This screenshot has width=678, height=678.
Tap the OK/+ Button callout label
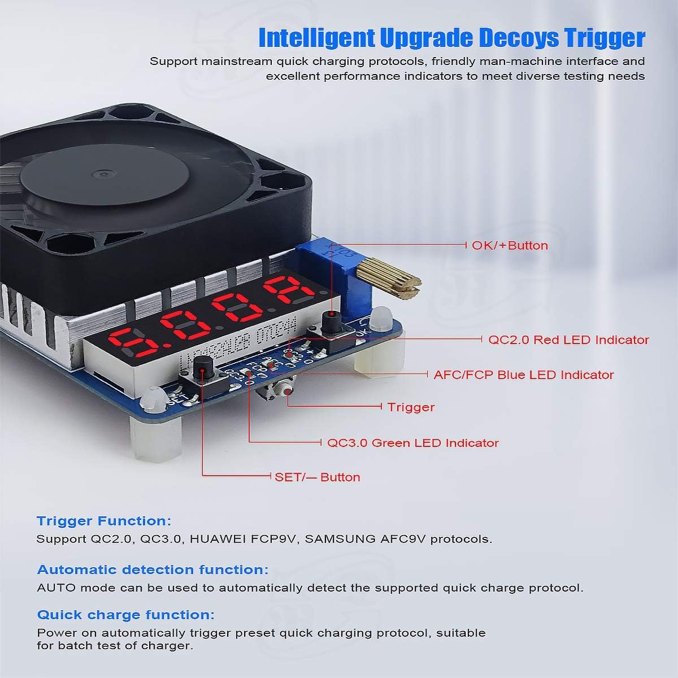click(510, 245)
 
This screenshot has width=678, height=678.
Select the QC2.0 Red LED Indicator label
click(568, 340)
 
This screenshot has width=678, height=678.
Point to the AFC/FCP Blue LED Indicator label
click(524, 375)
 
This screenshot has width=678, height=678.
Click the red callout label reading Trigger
click(411, 407)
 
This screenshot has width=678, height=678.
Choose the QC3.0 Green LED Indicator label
click(413, 442)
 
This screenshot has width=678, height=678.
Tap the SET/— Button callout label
click(318, 477)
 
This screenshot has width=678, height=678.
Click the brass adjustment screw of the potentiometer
click(389, 280)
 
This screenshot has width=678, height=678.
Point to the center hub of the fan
click(103, 175)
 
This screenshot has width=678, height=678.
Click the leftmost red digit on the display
click(127, 342)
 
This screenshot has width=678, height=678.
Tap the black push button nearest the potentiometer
click(331, 321)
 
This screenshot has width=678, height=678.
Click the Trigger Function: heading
click(104, 521)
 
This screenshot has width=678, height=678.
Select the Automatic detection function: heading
click(153, 570)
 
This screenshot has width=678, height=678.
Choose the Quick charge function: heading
click(125, 615)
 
